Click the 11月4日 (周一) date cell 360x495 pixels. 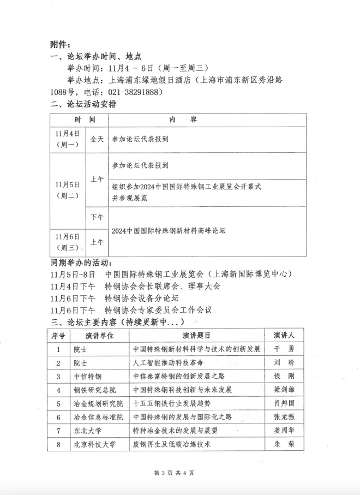coord(68,139)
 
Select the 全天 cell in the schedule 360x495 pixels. coord(97,139)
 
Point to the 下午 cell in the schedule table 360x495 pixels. coord(97,217)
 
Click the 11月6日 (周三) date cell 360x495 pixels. coord(68,242)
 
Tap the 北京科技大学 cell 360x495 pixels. coord(94,445)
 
